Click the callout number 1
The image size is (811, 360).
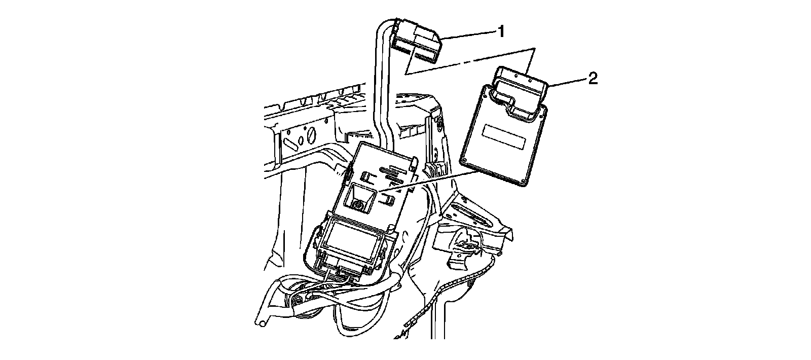pyautogui.click(x=500, y=32)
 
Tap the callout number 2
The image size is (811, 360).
pyautogui.click(x=593, y=78)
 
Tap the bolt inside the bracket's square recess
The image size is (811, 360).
pyautogui.click(x=358, y=205)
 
